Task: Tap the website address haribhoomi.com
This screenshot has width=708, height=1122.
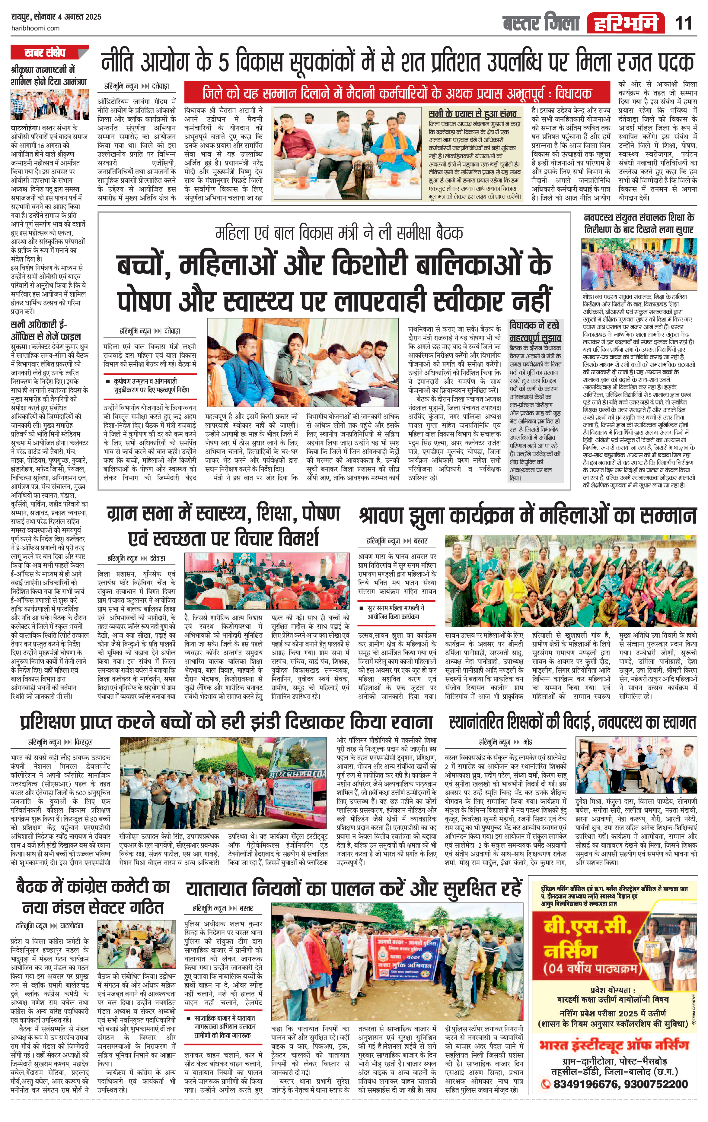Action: coord(35,28)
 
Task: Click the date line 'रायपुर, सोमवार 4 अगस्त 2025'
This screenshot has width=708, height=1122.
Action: coord(56,17)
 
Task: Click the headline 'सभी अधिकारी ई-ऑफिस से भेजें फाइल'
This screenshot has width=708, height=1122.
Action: coord(46,330)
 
